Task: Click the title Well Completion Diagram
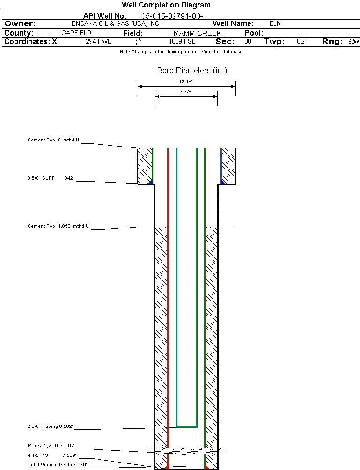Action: point(166,5)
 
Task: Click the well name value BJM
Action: point(276,24)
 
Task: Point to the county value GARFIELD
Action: point(76,33)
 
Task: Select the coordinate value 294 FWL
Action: point(98,42)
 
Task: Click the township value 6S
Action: point(301,42)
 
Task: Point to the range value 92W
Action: point(353,42)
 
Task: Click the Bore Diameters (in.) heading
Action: point(192,71)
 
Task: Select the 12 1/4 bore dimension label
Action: point(186,82)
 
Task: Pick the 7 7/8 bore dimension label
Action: point(186,92)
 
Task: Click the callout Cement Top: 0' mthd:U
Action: point(54,140)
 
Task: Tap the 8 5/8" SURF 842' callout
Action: point(51,178)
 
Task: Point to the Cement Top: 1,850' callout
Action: point(58,227)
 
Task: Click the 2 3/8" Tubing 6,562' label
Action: point(50,426)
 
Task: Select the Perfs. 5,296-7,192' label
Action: point(51,445)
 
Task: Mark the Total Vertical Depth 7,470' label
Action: point(57,464)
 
